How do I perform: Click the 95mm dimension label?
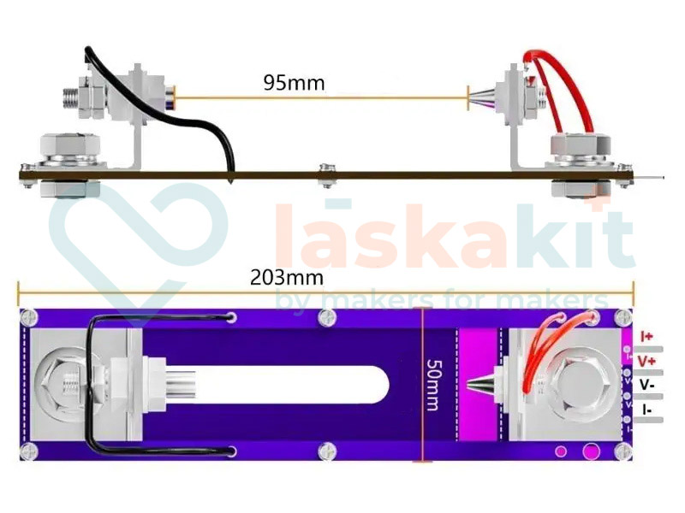[294, 84]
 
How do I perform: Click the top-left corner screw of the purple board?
[30, 316]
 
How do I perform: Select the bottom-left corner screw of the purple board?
[30, 451]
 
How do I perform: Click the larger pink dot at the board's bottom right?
[590, 451]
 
